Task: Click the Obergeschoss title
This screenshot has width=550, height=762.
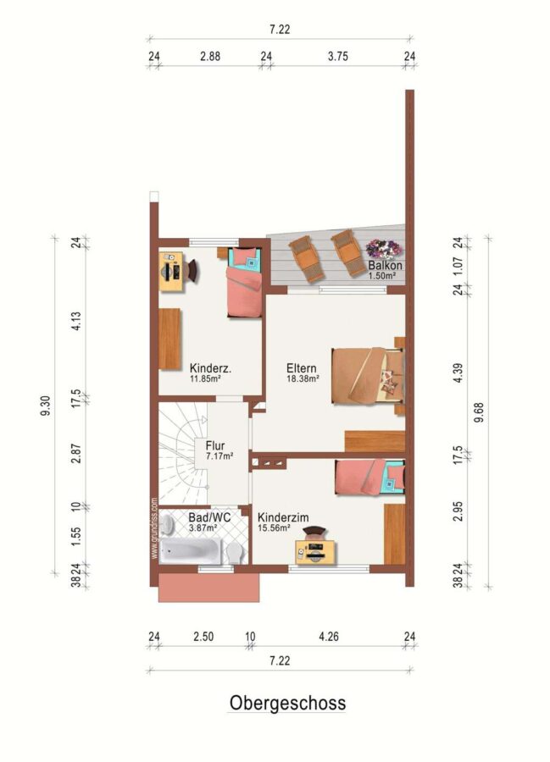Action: pos(287,703)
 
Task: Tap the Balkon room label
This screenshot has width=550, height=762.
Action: pos(385,265)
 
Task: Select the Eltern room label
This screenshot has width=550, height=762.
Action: pos(302,368)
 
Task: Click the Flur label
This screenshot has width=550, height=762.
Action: pos(215,445)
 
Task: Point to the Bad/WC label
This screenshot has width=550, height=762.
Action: pos(209,517)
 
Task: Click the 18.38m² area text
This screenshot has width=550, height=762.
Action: pos(303,378)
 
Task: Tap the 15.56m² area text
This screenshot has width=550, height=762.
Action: pos(275,527)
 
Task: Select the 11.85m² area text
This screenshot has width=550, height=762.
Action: pos(206,378)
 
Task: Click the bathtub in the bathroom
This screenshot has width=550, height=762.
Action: pos(192,550)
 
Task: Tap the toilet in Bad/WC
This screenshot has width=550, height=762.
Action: pos(235,553)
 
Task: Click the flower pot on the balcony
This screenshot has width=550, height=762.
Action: pos(384,249)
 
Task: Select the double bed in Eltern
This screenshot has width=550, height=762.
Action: pos(368,375)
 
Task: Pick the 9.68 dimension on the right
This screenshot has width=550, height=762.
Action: pos(479,412)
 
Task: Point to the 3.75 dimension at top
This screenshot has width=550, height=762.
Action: pos(338,57)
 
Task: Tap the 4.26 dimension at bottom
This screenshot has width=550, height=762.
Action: pos(329,636)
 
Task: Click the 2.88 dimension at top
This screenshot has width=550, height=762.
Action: pos(210,57)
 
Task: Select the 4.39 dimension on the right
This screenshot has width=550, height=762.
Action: pos(457,373)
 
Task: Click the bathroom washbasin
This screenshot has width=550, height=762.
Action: pos(167,524)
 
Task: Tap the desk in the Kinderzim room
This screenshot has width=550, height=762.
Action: pos(317,550)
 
